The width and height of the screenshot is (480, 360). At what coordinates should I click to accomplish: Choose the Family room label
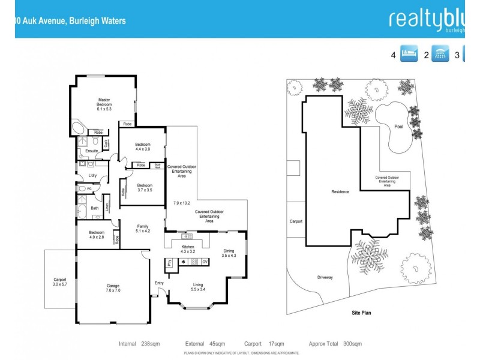tap(142, 228)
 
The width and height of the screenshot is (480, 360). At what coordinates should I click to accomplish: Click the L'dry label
tap(92, 175)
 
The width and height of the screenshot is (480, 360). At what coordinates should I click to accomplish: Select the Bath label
tap(94, 208)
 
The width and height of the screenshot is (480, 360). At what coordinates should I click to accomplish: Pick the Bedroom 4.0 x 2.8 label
tap(96, 235)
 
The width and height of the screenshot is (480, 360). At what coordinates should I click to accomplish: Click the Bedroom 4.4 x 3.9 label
tap(142, 148)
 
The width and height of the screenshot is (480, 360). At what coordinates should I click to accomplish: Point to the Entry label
tap(159, 283)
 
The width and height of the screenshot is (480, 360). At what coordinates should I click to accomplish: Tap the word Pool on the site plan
tap(399, 127)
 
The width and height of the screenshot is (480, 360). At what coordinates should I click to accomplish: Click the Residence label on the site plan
tap(340, 192)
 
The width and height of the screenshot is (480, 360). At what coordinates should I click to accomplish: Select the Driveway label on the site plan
tap(325, 277)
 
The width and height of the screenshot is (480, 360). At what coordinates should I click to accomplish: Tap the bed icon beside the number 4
tap(409, 55)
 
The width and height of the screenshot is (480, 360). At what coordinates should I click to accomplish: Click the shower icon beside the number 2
tap(441, 55)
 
